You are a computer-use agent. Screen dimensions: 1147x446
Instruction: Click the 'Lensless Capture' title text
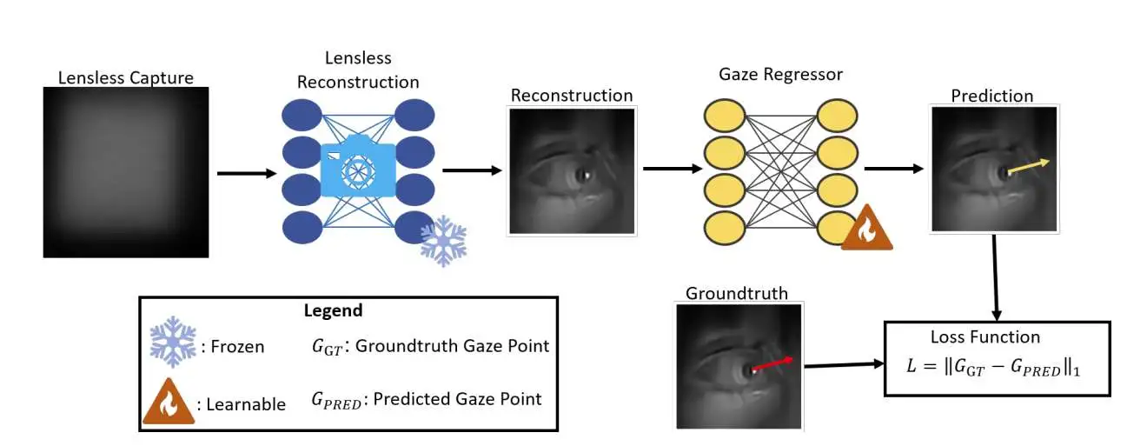pos(125,78)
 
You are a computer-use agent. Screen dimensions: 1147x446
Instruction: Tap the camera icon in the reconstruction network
pos(358,166)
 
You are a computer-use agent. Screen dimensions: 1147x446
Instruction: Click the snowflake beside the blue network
pos(443,241)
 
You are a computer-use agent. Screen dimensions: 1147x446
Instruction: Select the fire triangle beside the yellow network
pos(866,228)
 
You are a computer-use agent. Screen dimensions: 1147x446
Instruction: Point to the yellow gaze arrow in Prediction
pos(1029,167)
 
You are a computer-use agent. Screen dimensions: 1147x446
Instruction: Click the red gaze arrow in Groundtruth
pos(772,363)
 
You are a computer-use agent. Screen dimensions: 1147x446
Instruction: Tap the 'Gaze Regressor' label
pos(780,74)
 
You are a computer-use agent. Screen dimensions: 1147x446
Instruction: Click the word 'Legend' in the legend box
pos(333,310)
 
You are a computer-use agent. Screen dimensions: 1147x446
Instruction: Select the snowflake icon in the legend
pos(173,342)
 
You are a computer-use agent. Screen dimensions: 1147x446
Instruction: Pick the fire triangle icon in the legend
pos(169,402)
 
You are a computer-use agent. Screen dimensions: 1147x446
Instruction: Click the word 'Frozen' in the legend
pos(237,347)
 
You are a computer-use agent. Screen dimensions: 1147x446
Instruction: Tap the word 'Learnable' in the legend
pos(246,404)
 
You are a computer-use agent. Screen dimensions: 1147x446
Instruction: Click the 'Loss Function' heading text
pos(985,337)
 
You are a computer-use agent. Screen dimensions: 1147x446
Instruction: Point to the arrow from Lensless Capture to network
pos(247,174)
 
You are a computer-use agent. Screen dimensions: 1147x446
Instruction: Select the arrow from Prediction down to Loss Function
pos(996,278)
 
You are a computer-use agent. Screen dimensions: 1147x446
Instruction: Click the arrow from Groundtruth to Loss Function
pos(845,365)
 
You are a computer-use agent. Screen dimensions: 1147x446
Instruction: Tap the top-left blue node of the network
pos(302,116)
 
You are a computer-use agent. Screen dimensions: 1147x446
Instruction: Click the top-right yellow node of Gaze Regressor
pos(837,116)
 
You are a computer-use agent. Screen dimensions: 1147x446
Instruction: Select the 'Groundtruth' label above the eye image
pos(737,293)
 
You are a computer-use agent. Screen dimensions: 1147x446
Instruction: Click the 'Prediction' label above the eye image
pos(991,97)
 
